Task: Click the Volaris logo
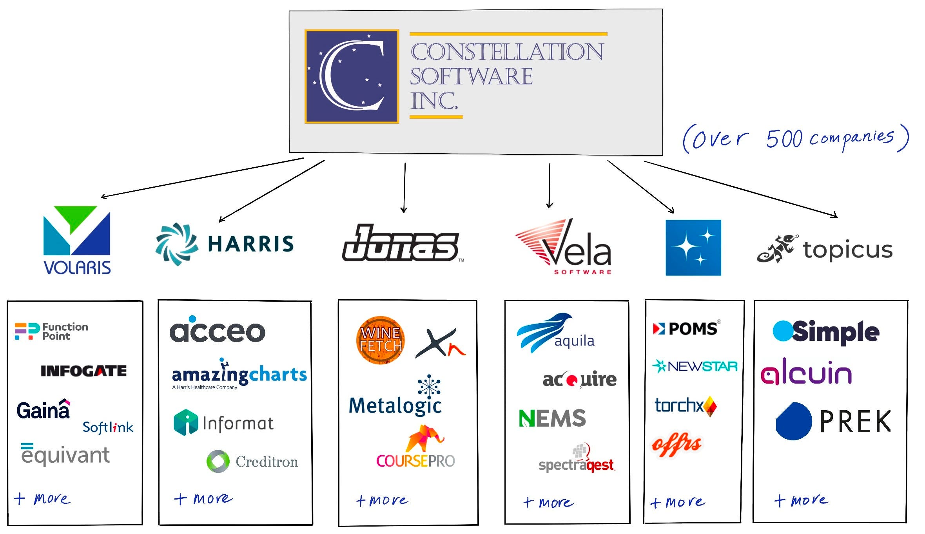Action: click(x=77, y=240)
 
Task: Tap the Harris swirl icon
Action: click(x=177, y=244)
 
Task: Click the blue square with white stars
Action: click(x=693, y=248)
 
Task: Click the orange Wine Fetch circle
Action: click(x=380, y=340)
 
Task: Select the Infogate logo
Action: click(x=83, y=371)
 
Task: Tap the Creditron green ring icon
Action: click(x=218, y=461)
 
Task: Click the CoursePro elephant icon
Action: click(x=424, y=438)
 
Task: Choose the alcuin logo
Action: click(x=806, y=371)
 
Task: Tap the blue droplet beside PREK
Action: click(x=794, y=421)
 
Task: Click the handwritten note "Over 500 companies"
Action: click(x=795, y=138)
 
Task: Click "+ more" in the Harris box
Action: click(x=203, y=498)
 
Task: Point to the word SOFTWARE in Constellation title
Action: click(x=471, y=76)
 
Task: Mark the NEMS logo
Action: click(x=552, y=418)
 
